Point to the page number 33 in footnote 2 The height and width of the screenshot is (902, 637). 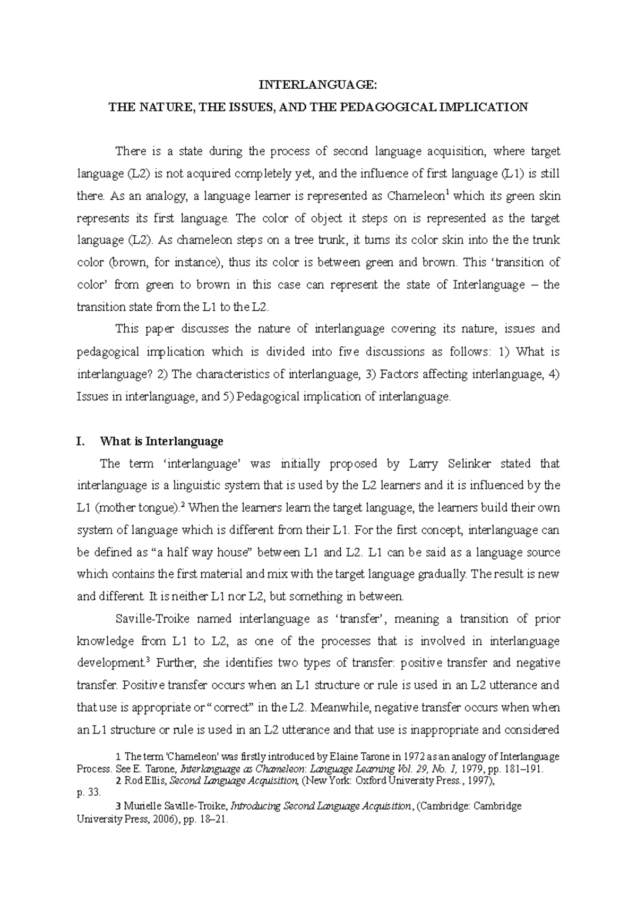tap(93, 793)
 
